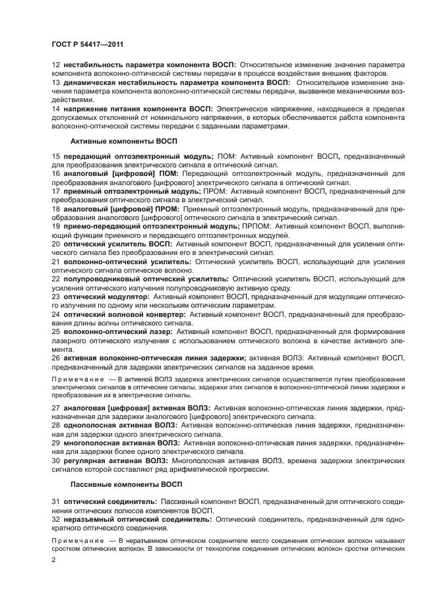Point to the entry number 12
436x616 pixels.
(x=56, y=66)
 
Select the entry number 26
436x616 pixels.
(x=56, y=358)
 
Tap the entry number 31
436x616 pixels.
(x=56, y=502)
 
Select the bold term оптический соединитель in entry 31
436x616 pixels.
(x=110, y=502)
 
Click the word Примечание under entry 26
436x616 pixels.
(x=78, y=380)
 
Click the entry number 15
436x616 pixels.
(x=56, y=156)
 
